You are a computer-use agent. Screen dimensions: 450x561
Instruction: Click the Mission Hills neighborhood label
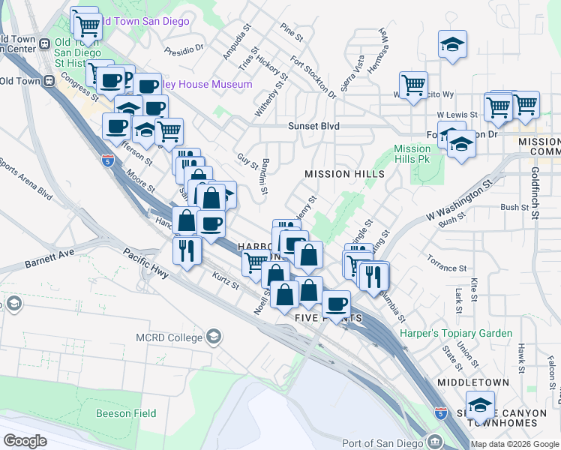coord(344,174)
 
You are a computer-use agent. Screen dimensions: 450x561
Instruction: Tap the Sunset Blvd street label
coord(313,126)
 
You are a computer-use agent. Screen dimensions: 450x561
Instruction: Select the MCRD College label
coord(172,337)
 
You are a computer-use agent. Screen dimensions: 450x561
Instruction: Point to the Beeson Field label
coord(126,413)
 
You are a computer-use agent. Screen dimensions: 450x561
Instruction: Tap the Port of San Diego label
coord(382,442)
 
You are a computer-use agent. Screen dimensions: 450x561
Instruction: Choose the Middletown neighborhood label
coord(472,382)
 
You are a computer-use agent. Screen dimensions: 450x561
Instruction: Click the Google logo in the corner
coord(25,441)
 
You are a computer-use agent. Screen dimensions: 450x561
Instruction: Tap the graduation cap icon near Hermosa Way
coord(452,44)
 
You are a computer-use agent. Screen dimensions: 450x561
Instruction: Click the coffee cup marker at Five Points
coord(337,304)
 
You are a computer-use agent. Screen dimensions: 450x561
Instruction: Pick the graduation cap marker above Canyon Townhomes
coord(480,404)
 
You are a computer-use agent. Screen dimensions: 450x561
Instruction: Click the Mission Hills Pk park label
coord(412,154)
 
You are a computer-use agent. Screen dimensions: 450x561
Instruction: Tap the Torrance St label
coord(447,262)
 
